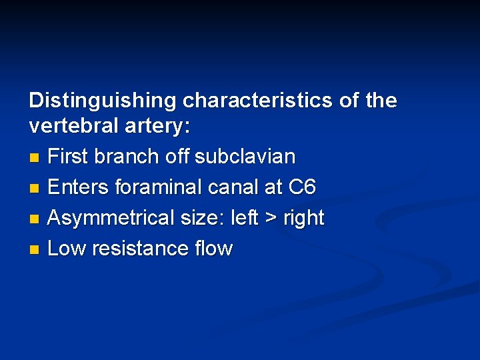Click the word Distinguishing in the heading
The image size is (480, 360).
pyautogui.click(x=103, y=101)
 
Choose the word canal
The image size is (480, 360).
pyautogui.click(x=233, y=187)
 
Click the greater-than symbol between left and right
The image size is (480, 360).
pyautogui.click(x=269, y=219)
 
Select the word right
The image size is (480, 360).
pyautogui.click(x=303, y=218)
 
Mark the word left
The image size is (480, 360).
pyautogui.click(x=247, y=218)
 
